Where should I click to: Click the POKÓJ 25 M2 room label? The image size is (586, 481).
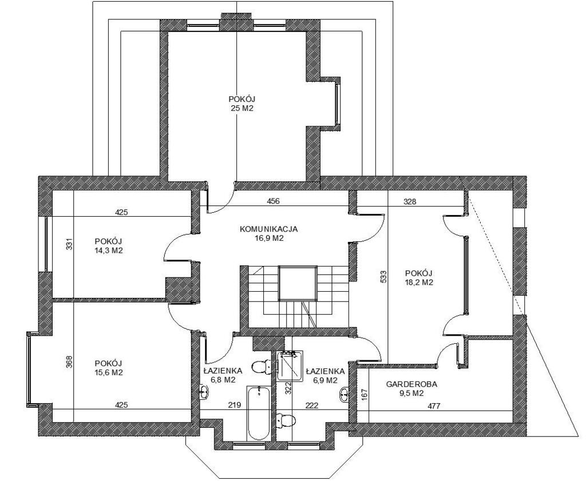pos(242,104)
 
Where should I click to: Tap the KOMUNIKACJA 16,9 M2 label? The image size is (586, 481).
pos(269,233)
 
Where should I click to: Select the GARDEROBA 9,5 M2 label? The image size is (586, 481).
pos(412,388)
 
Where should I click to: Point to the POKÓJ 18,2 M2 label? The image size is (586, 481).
pos(419,277)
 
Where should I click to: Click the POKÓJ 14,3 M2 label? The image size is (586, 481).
pos(109,246)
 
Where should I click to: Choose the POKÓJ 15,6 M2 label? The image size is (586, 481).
pos(109,368)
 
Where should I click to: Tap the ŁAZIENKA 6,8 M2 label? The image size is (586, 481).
pos(223,376)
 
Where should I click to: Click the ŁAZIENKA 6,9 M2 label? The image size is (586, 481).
pos(325,376)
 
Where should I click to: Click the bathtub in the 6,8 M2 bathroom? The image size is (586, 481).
pos(258,413)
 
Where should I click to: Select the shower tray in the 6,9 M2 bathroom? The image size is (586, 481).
pos(290,365)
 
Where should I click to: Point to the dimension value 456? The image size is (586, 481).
pos(273,201)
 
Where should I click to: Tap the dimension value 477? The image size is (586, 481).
pos(434,406)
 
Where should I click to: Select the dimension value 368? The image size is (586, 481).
pos(69,361)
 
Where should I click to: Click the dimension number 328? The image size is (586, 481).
pos(410,202)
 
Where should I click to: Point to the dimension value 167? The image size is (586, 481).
pos(365,395)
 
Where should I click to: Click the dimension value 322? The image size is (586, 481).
pos(288,388)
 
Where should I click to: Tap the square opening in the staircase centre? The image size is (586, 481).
pos(298,283)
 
